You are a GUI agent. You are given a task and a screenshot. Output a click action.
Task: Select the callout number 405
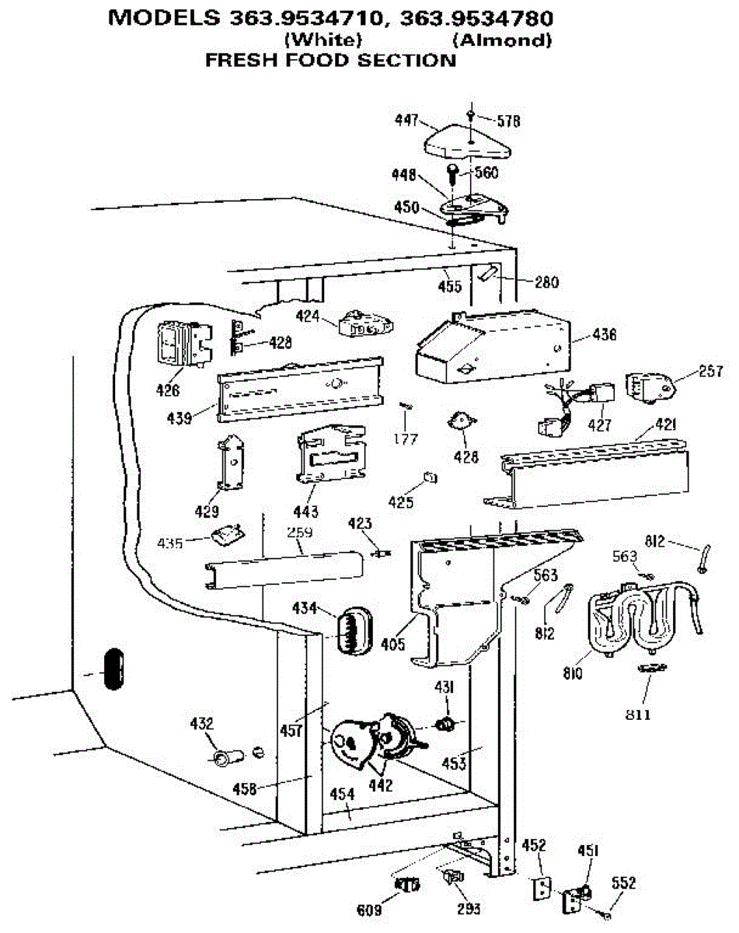[393, 645]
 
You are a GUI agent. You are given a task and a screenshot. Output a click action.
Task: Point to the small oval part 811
[651, 669]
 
